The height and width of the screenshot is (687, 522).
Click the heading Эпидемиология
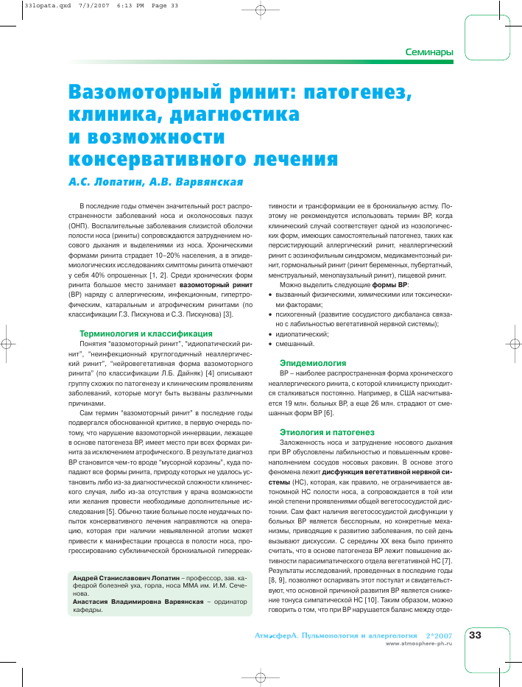tap(312, 363)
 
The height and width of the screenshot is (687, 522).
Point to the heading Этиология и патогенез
tap(327, 431)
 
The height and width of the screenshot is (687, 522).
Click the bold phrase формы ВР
tap(390, 284)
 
